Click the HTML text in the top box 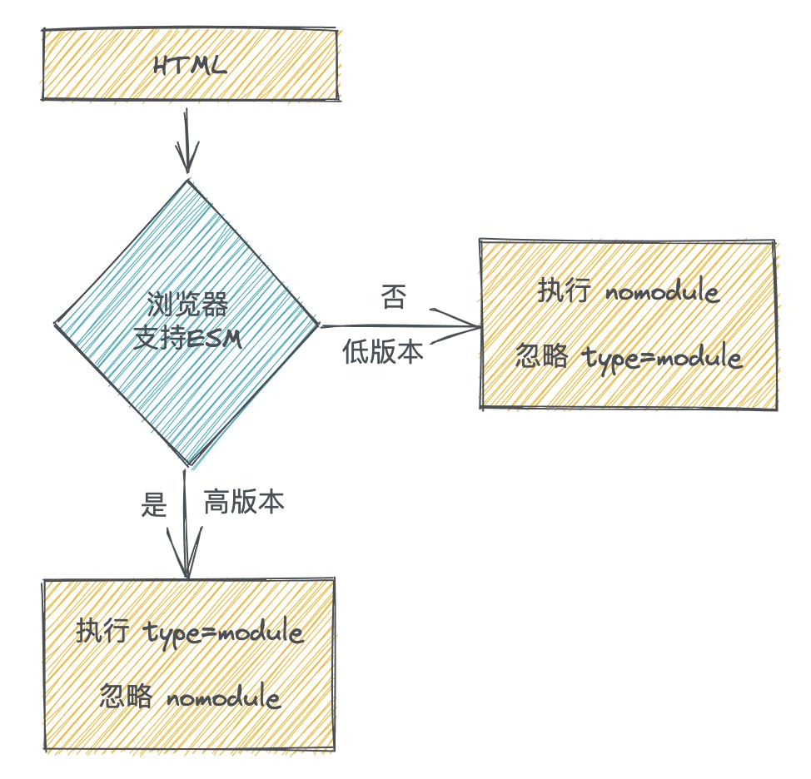pos(190,66)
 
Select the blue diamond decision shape pos(187,250)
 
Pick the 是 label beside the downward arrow pos(155,504)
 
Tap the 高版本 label pos(244,503)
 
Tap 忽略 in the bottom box pos(126,696)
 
